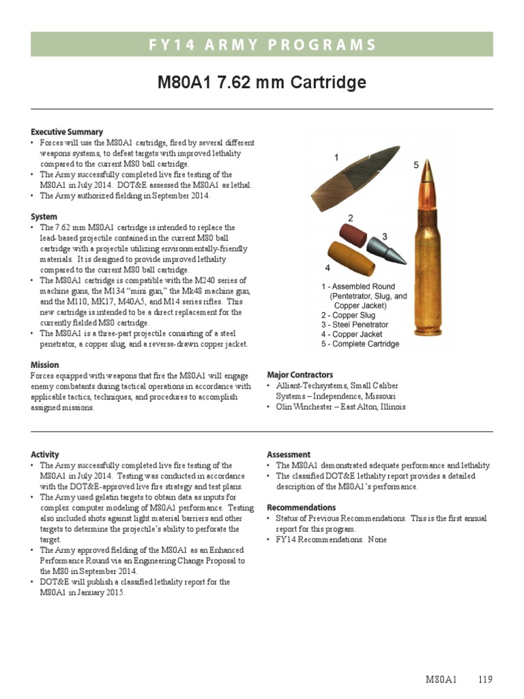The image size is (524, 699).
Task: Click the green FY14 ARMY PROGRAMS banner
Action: [262, 45]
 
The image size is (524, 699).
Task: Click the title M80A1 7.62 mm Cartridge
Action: [262, 83]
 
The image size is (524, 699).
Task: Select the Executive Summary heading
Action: [67, 132]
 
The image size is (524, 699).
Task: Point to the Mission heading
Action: [45, 365]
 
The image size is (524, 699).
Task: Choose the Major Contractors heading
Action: [300, 375]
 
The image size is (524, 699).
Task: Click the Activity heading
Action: [45, 454]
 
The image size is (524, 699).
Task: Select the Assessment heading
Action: [289, 454]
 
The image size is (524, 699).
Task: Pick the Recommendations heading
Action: [301, 507]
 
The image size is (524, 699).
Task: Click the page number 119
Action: [485, 679]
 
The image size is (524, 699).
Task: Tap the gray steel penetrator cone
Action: [387, 251]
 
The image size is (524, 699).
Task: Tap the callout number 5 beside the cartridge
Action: [416, 165]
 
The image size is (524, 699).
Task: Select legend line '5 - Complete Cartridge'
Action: [360, 344]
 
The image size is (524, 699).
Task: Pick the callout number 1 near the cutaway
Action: [336, 158]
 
